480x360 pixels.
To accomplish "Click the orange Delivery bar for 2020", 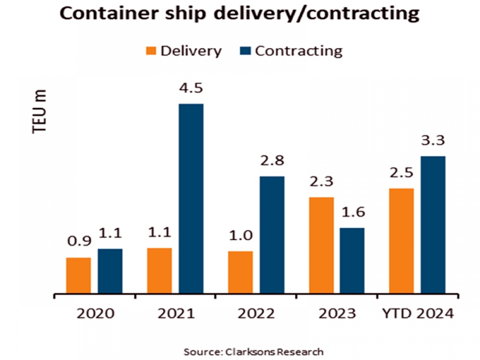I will pos(78,275).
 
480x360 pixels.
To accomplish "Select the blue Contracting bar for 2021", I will pos(191,198).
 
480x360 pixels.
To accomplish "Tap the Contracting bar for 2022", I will pos(272,234).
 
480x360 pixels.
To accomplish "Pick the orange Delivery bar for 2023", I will pos(321,245).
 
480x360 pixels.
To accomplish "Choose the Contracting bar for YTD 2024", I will pos(433,224).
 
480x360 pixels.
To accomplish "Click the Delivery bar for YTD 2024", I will pos(401,240).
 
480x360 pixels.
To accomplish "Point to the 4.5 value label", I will pos(191,89).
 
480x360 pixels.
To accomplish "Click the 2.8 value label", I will pos(272,162).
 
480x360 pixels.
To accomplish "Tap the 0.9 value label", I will pos(78,242).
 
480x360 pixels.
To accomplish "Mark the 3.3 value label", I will pos(433,141).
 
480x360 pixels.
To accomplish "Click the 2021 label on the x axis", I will pos(176,314).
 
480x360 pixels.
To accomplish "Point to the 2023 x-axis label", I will pos(337,314).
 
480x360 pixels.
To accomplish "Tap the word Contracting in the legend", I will pos(299,51).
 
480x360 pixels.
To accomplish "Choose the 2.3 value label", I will pos(321,182).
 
